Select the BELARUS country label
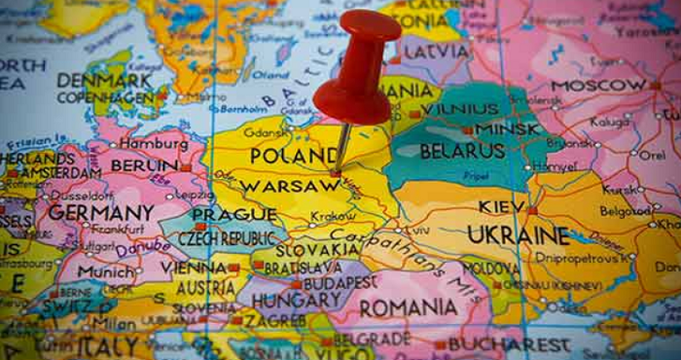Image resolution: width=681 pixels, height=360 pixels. click(x=462, y=152)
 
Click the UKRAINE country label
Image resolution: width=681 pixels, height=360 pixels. click(x=518, y=235)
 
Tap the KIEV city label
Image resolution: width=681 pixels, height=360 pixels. click(x=500, y=207)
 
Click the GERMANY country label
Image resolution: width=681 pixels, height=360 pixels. click(x=101, y=212)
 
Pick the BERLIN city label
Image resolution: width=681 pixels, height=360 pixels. click(x=144, y=166)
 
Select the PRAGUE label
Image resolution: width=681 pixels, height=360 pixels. click(x=221, y=215)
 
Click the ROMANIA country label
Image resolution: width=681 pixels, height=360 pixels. click(x=409, y=308)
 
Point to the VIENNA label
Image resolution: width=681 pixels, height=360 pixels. click(x=193, y=267)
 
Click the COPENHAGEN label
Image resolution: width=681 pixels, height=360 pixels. click(x=105, y=98)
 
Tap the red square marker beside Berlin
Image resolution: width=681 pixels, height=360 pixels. click(x=186, y=167)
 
